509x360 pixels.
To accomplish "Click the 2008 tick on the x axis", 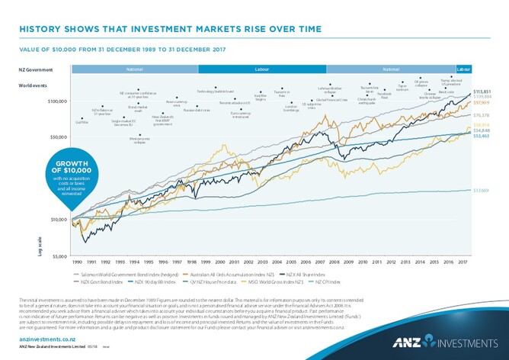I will click(x=335, y=262).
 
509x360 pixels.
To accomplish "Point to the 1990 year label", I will click(x=78, y=262).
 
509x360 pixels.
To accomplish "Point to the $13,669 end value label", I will click(x=482, y=190).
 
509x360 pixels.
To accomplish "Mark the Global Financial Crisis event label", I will click(x=332, y=100).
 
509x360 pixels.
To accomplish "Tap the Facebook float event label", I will click(x=384, y=96).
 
